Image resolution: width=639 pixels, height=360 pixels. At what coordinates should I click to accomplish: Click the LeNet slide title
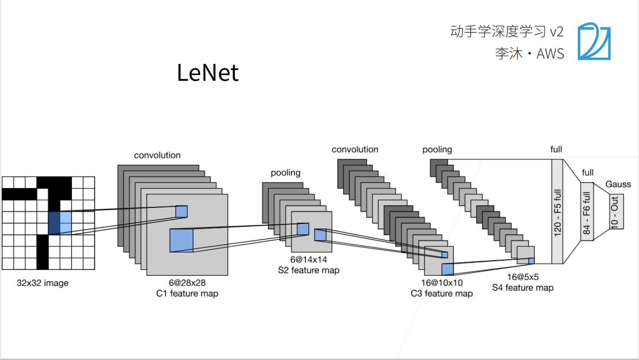click(x=208, y=73)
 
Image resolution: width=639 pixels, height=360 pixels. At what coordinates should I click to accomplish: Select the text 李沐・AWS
click(x=529, y=54)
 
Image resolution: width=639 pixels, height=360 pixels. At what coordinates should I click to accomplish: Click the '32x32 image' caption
click(x=43, y=283)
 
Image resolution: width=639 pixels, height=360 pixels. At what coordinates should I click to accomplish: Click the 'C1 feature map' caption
click(x=188, y=293)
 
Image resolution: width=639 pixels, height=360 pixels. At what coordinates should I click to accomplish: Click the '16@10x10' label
click(x=442, y=282)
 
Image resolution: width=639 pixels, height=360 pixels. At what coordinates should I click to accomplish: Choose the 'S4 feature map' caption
click(x=523, y=288)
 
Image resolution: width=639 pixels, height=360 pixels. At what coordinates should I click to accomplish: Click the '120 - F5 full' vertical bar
click(x=557, y=211)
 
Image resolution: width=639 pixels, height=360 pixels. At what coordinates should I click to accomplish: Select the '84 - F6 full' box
click(x=587, y=211)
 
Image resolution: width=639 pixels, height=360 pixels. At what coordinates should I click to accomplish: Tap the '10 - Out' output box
click(x=616, y=211)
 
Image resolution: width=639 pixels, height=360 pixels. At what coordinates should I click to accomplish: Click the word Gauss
click(x=618, y=184)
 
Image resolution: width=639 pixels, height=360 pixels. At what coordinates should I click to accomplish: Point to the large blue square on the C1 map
click(x=181, y=241)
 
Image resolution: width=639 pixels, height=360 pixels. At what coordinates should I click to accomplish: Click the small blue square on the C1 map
click(x=181, y=211)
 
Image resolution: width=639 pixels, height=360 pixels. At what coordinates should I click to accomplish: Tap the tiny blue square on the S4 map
click(x=531, y=261)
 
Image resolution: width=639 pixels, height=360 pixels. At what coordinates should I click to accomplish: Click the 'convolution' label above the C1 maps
click(x=157, y=155)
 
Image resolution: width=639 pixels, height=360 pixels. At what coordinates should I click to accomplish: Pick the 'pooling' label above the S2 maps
click(x=286, y=173)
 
